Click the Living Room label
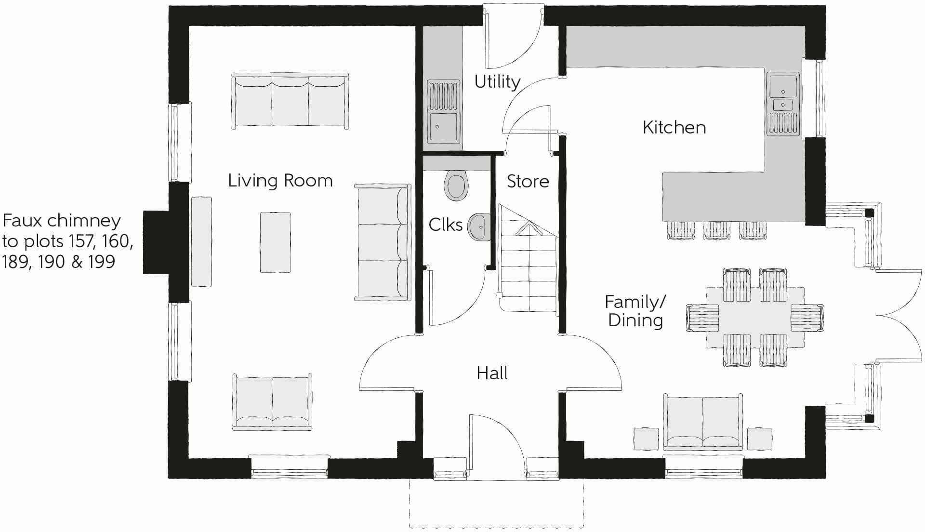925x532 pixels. tap(280, 181)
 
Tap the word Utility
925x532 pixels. tap(497, 82)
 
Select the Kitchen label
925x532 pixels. tap(674, 127)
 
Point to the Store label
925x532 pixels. tap(528, 181)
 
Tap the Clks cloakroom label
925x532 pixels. tap(446, 225)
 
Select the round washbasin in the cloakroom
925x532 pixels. tap(478, 226)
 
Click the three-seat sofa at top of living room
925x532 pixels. tap(290, 101)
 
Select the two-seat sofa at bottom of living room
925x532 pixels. tap(272, 402)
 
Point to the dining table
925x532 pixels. tap(755, 318)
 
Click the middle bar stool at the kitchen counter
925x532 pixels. tap(716, 231)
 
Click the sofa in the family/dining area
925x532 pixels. tap(703, 422)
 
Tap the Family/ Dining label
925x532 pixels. tap(635, 311)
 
